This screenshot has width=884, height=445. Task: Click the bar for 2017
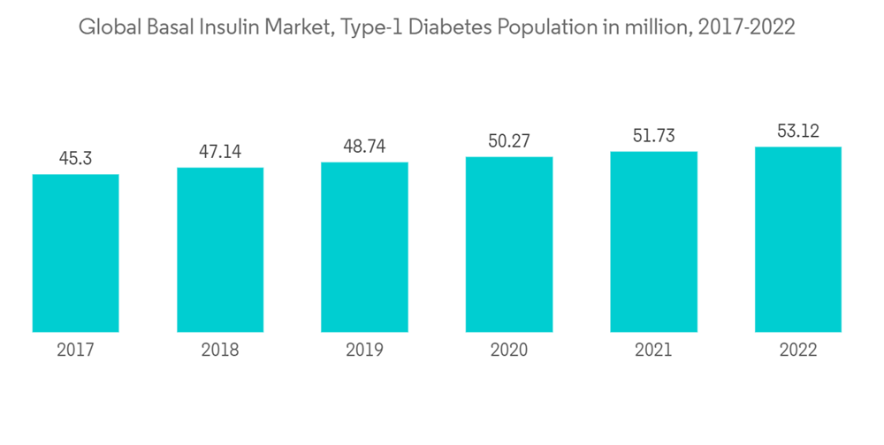(76, 253)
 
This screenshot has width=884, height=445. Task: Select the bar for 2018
(220, 250)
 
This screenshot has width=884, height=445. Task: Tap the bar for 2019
(364, 247)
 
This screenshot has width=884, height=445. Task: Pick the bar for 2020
(509, 245)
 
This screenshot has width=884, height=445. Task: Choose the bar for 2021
(653, 242)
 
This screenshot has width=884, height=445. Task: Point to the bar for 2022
(797, 239)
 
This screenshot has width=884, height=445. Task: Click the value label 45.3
(76, 159)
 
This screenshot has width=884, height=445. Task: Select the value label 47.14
(220, 152)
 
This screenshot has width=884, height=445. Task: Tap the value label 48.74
(364, 147)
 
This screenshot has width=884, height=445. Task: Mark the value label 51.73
(653, 136)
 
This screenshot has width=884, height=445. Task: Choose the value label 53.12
(797, 132)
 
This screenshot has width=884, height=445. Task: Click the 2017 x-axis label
(76, 351)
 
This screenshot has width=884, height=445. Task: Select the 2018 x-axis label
(220, 351)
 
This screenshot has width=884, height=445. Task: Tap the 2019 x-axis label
(364, 351)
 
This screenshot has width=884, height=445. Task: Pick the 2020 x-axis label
(509, 351)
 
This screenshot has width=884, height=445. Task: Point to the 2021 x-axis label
(653, 351)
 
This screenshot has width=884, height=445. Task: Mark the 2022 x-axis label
(797, 351)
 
